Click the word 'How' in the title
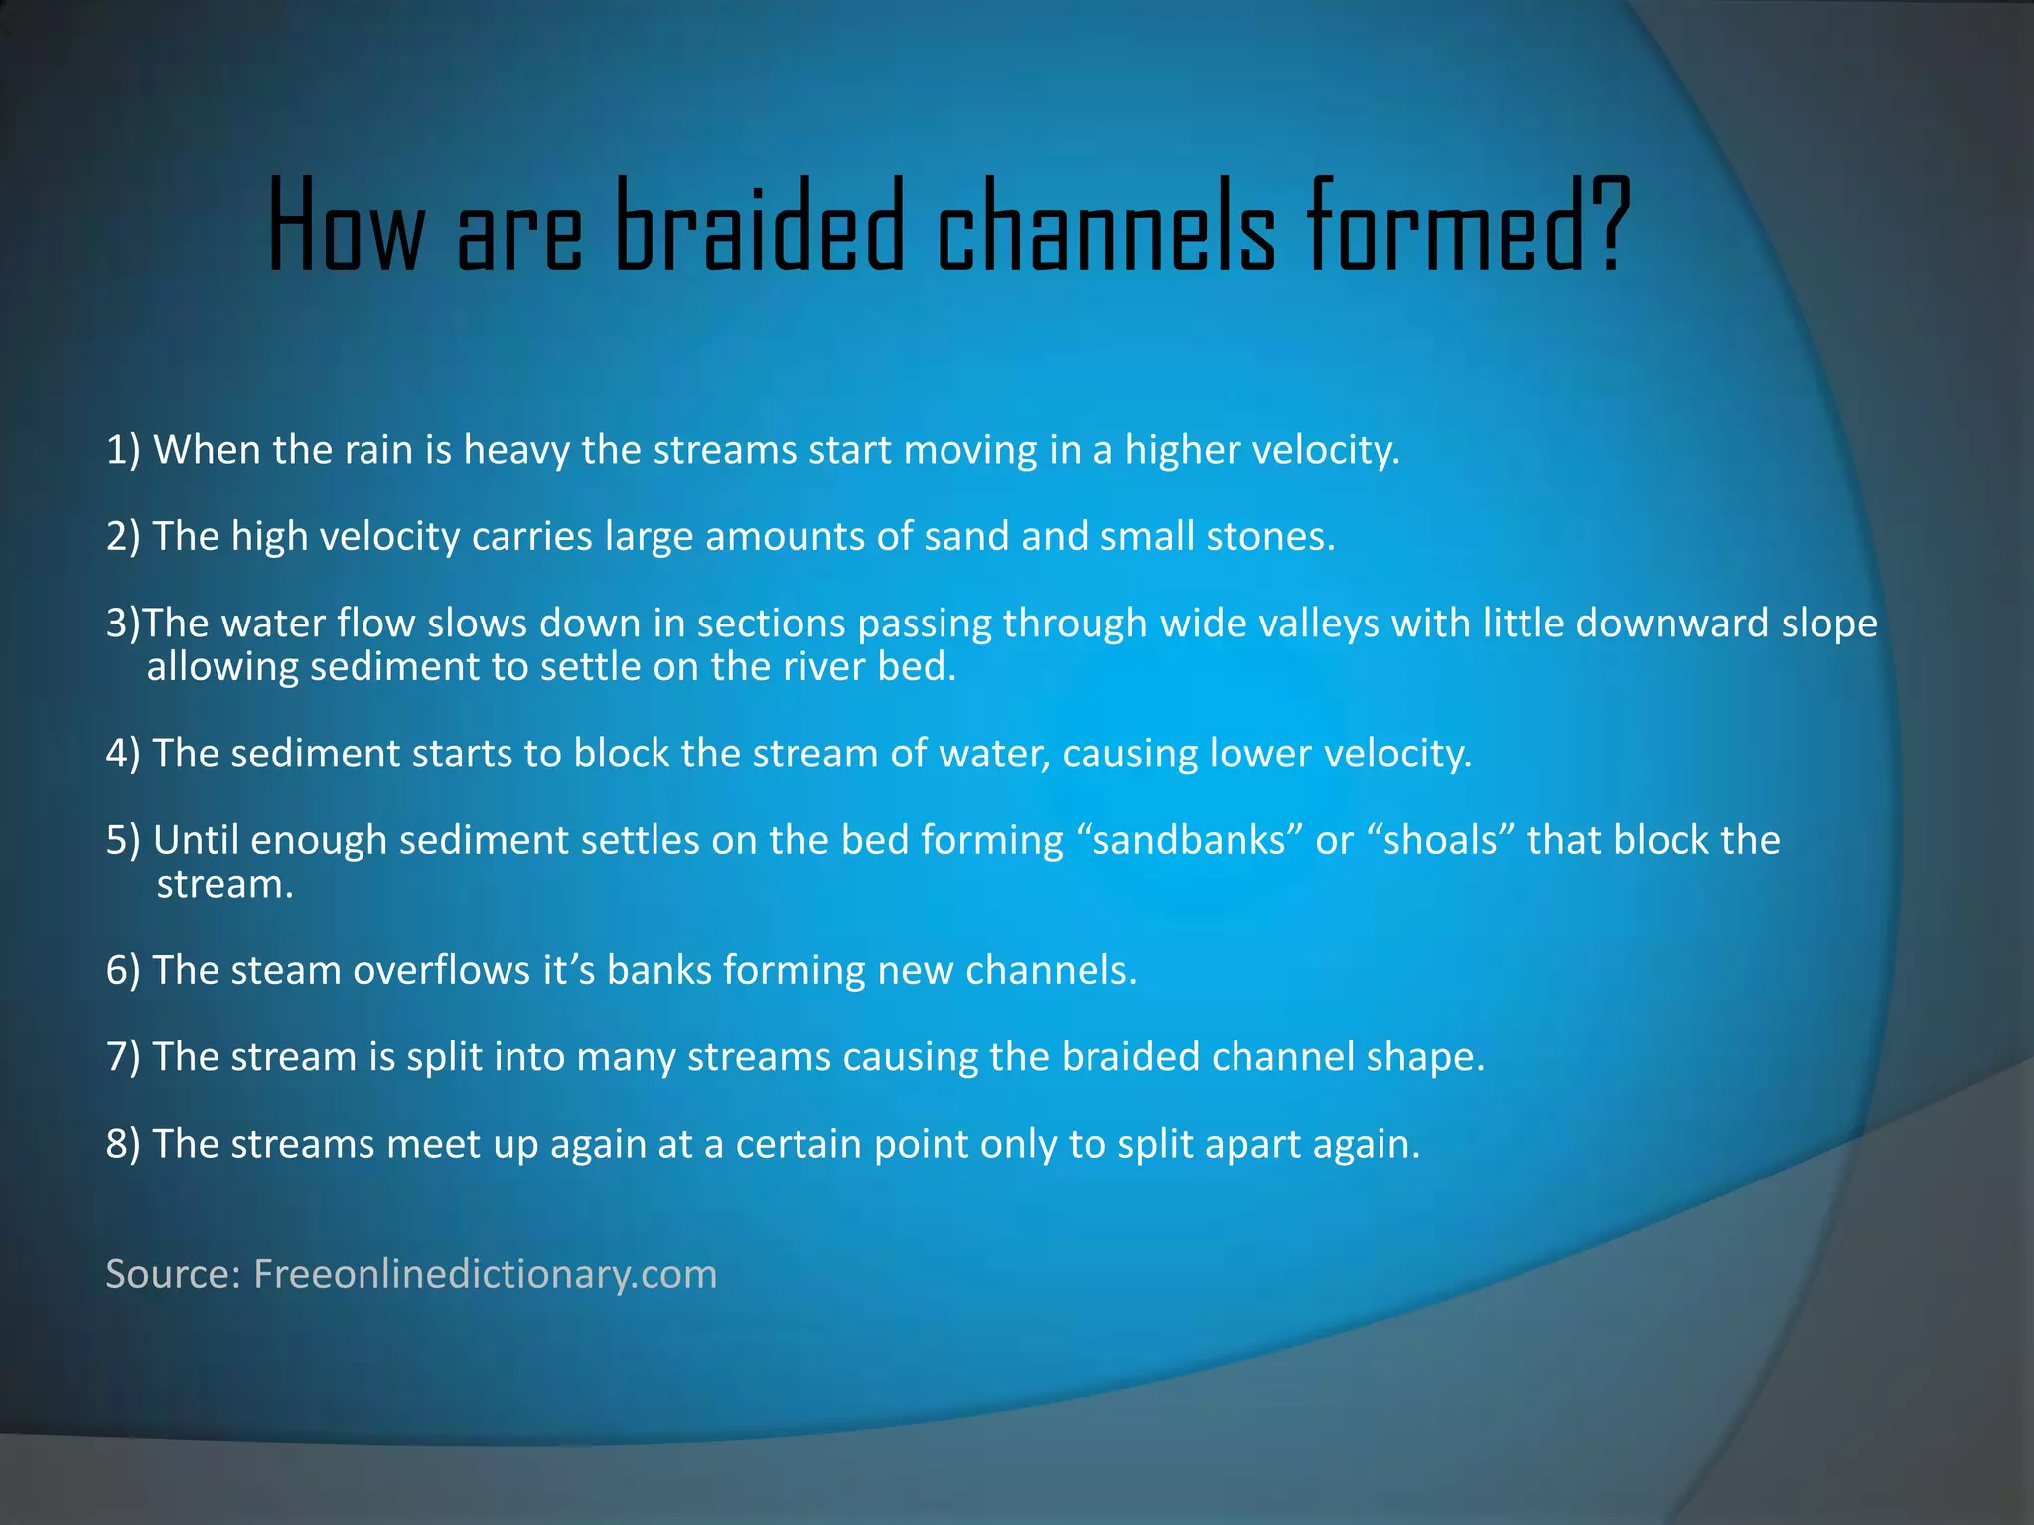coord(345,226)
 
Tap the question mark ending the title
coord(1607,226)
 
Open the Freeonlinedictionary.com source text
coord(485,1274)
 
